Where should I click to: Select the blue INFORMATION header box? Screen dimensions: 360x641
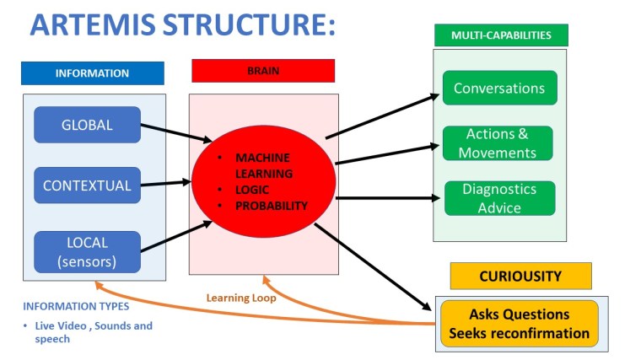coord(93,73)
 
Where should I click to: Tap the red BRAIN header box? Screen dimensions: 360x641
coord(263,71)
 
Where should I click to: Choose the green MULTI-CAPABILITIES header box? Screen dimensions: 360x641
coord(501,35)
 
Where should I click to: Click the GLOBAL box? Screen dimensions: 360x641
coord(87,126)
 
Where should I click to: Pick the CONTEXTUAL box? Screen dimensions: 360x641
coord(87,185)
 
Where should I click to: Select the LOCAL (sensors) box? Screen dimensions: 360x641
coord(87,251)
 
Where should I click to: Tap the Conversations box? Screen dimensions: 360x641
coord(499,89)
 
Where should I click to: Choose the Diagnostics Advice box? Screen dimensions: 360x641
coord(499,198)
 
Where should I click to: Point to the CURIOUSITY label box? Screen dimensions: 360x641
coord(520,277)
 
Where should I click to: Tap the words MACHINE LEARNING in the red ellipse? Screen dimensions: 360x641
coord(262,165)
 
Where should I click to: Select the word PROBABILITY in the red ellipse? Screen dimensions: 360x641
coord(272,206)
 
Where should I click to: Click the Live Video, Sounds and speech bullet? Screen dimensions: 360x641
coord(93,330)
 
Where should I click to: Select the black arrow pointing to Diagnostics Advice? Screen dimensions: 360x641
coord(390,199)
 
